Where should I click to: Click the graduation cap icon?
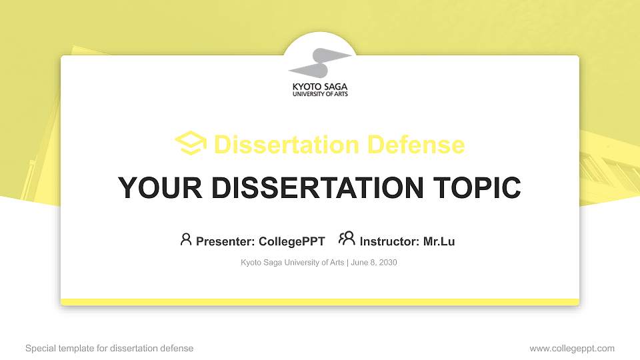click(191, 143)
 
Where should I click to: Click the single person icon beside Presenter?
click(186, 239)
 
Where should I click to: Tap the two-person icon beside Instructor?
click(347, 239)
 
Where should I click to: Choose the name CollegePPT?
click(291, 241)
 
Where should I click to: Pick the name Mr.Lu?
click(439, 241)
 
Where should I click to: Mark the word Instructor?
click(390, 241)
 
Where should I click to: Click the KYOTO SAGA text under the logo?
click(320, 87)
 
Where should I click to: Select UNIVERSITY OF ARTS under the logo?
click(320, 94)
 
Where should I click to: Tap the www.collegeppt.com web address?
click(572, 348)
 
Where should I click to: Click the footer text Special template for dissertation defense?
click(109, 348)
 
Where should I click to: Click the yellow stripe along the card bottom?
click(320, 302)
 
